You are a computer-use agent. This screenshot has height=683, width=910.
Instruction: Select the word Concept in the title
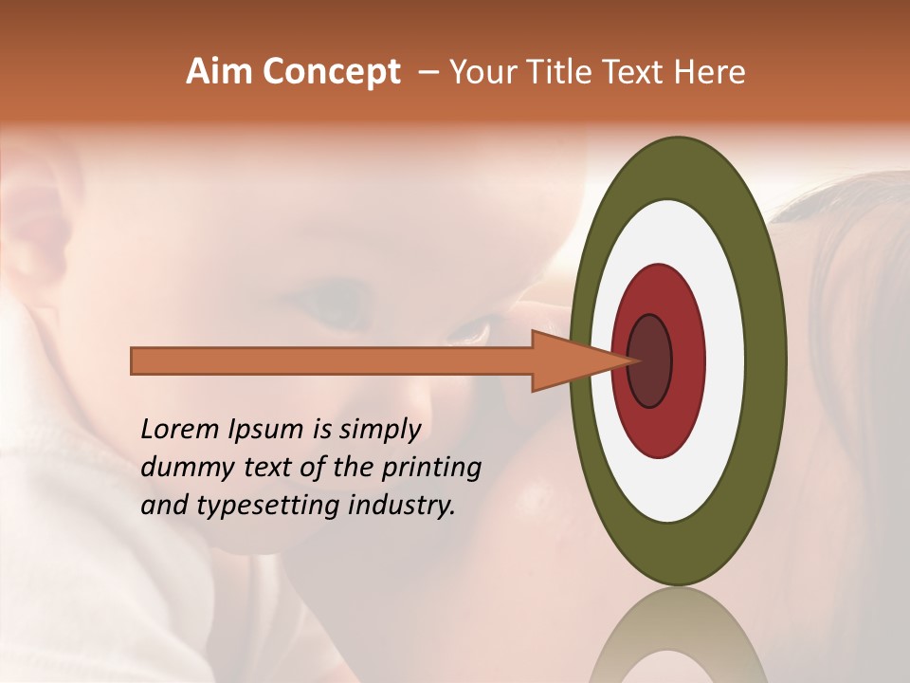point(331,73)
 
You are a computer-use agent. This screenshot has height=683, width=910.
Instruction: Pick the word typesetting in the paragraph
point(261,507)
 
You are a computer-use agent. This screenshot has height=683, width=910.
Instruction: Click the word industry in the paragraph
point(401,506)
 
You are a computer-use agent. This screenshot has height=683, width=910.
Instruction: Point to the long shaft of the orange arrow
point(332,360)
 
